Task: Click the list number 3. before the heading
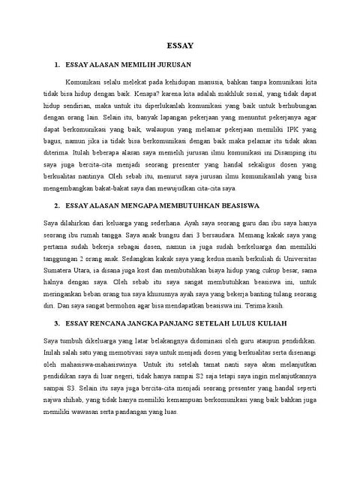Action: point(57,322)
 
